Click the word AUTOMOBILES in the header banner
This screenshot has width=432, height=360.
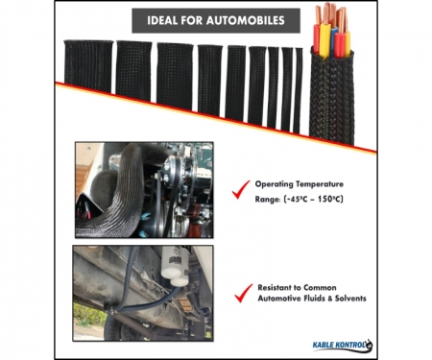pyautogui.click(x=246, y=20)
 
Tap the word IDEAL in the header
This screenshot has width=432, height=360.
pyautogui.click(x=162, y=20)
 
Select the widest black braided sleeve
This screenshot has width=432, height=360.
pyautogui.click(x=88, y=66)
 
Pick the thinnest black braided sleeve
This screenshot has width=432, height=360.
pyautogui.click(x=298, y=90)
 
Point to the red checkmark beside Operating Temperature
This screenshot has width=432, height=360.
pyautogui.click(x=241, y=189)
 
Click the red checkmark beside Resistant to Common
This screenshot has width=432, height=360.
pyautogui.click(x=244, y=293)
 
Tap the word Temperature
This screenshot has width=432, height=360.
pyautogui.click(x=320, y=184)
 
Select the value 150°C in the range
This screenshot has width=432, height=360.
pyautogui.click(x=331, y=199)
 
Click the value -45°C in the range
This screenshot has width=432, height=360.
pyautogui.click(x=296, y=199)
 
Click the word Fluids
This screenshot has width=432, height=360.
pyautogui.click(x=314, y=299)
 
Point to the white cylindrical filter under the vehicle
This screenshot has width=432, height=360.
pyautogui.click(x=174, y=266)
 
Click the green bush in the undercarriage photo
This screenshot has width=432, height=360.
pyautogui.click(x=87, y=315)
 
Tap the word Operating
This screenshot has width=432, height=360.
pyautogui.click(x=274, y=184)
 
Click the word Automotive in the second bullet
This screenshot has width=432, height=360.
pyautogui.click(x=278, y=299)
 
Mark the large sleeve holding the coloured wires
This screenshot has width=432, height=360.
pyautogui.click(x=332, y=96)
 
